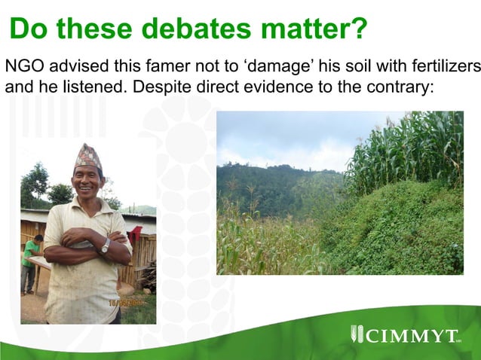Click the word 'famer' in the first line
pyautogui.click(x=173, y=66)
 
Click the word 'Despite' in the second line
pyautogui.click(x=158, y=87)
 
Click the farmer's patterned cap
pyautogui.click(x=87, y=156)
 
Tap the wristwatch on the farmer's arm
pyautogui.click(x=106, y=246)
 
